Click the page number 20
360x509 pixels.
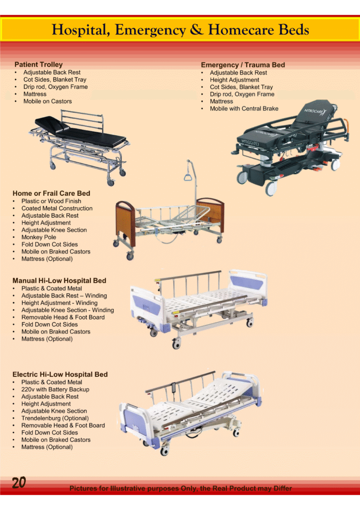(x=19, y=483)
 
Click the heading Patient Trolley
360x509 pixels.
(x=38, y=65)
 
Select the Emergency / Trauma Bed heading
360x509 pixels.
(x=243, y=65)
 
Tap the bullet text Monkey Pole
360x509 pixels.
(x=39, y=237)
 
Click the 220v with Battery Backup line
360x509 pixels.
(x=55, y=389)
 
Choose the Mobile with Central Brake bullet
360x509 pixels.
(x=244, y=108)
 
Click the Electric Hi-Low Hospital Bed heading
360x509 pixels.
(x=60, y=374)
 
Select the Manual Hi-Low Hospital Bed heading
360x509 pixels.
(x=59, y=280)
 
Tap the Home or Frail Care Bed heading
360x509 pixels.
(x=51, y=193)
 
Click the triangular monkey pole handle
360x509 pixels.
(x=189, y=176)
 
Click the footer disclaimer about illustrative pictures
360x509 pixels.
(x=180, y=489)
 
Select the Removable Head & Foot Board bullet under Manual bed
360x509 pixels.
(x=63, y=317)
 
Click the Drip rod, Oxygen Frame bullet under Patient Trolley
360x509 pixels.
(x=55, y=86)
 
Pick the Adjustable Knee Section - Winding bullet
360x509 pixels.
(x=67, y=310)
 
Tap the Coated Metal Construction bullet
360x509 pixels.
(x=57, y=208)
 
